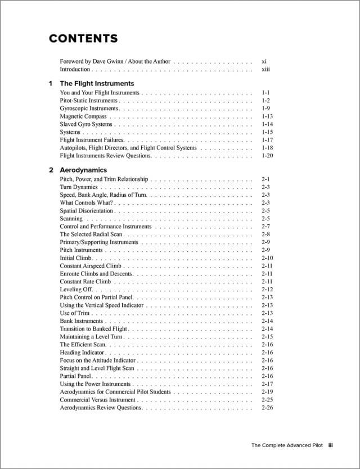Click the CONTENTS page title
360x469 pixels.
click(83, 39)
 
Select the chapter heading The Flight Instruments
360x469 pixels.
click(97, 83)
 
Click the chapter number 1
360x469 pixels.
click(51, 83)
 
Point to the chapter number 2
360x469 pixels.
click(51, 170)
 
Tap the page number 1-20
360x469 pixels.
click(267, 156)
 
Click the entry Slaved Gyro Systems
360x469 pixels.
click(86, 124)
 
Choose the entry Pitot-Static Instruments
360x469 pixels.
click(89, 101)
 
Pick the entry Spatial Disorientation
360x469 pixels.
click(87, 211)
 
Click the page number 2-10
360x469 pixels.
click(267, 258)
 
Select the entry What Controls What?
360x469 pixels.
click(86, 203)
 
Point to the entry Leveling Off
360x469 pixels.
click(76, 290)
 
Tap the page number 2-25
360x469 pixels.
click(267, 400)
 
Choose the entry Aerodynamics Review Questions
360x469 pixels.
click(101, 408)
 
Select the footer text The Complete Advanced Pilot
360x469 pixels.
click(287, 445)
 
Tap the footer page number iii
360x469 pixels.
click(331, 445)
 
